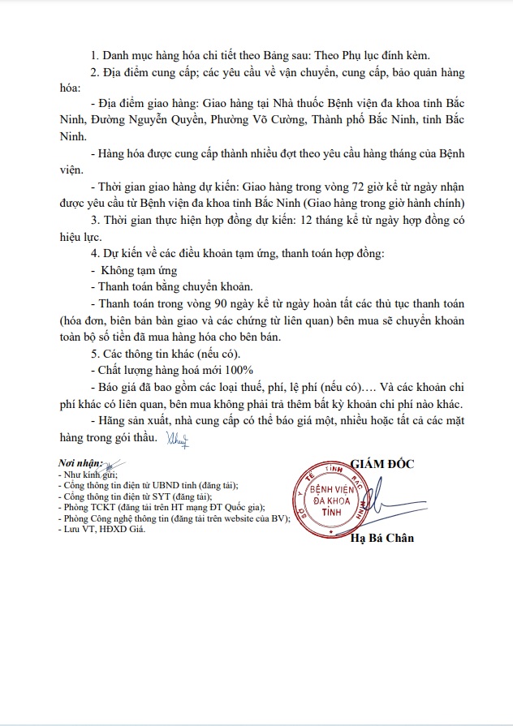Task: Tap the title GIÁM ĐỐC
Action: pos(382,463)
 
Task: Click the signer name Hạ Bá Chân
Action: pos(382,538)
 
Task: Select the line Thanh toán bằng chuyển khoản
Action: pos(173,286)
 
